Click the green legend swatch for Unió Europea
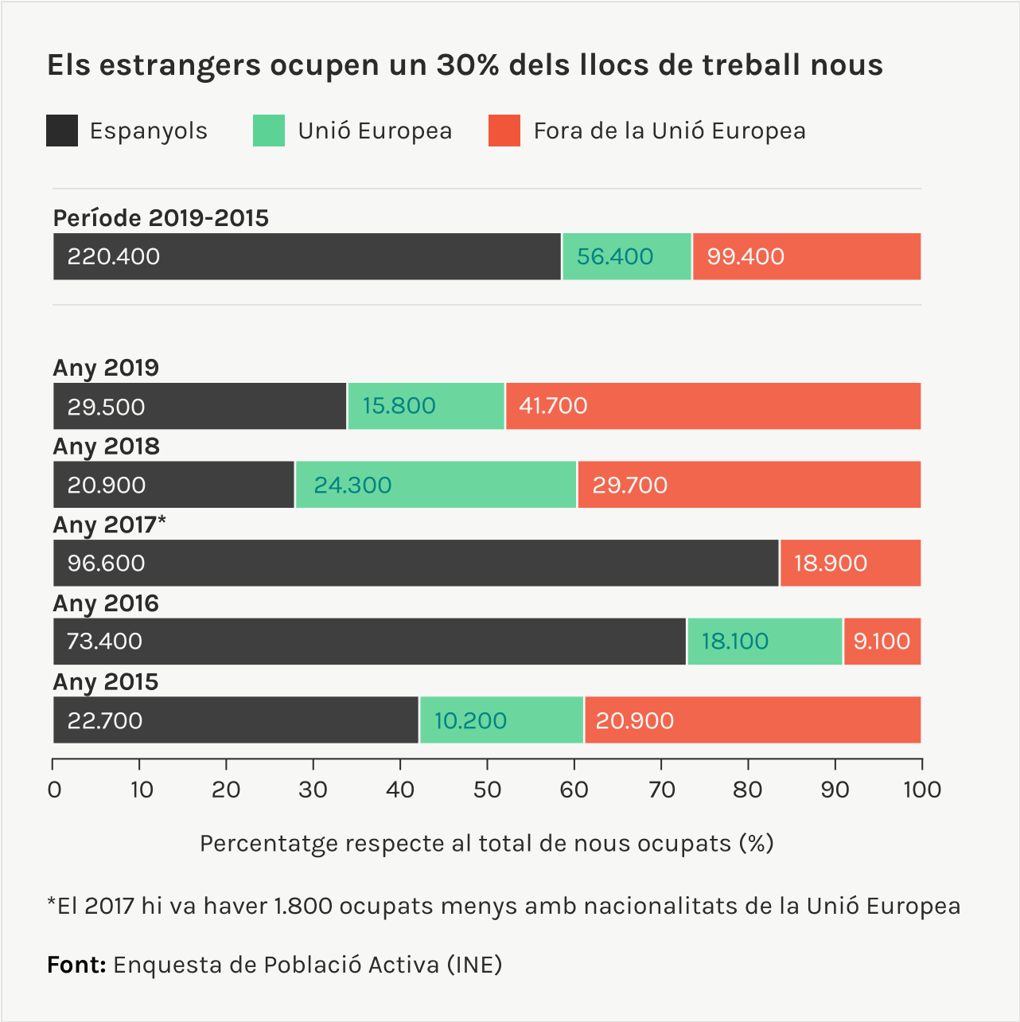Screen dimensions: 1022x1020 click(x=268, y=131)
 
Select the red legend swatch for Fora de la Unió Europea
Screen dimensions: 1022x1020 click(x=504, y=131)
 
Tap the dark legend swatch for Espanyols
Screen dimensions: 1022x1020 click(x=62, y=131)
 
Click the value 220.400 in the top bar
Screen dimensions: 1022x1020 click(x=114, y=256)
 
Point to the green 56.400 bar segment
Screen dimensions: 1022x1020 click(x=627, y=256)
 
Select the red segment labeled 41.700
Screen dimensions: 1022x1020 click(x=712, y=406)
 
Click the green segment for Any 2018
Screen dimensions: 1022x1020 click(x=435, y=485)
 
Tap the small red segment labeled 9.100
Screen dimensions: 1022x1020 click(x=882, y=642)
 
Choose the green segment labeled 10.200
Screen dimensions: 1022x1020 click(x=501, y=720)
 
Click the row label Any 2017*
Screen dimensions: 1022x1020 click(x=110, y=525)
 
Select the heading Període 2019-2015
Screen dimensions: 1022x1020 click(x=161, y=218)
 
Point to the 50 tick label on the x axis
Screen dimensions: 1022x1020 click(x=487, y=790)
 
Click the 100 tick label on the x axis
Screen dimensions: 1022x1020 click(x=921, y=790)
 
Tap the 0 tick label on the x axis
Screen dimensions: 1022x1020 click(x=54, y=790)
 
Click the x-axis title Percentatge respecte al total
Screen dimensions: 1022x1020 click(x=486, y=843)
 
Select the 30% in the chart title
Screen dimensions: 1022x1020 click(x=467, y=65)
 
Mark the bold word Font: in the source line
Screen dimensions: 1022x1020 click(x=76, y=965)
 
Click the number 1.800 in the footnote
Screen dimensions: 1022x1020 click(x=302, y=906)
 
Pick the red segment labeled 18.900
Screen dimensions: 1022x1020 click(x=850, y=563)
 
